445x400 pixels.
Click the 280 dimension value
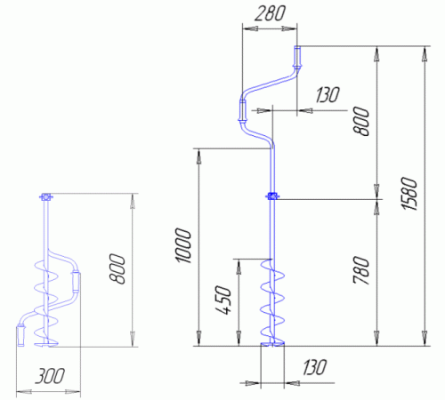270,14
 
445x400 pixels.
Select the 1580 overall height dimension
409,194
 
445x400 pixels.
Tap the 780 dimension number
361,270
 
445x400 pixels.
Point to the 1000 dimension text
183,245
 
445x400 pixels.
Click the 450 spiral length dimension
222,300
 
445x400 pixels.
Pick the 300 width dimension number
50,376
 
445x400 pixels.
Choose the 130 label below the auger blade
315,367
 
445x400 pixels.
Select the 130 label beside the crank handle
328,95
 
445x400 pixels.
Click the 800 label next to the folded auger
117,268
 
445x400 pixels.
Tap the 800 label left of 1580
361,121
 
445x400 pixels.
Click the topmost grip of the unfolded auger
297,57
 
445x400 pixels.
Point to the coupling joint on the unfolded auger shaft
271,196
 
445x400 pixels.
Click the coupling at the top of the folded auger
45,196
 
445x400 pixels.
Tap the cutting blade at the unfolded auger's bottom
272,344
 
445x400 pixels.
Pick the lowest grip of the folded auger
20,335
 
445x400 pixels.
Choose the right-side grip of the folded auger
76,282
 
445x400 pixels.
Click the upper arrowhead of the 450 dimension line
239,268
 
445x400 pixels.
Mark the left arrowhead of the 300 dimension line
24,392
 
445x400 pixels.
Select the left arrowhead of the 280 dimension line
250,28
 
